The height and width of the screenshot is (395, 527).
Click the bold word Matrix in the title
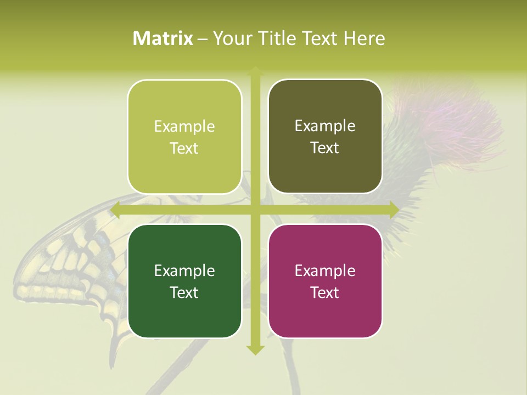pos(163,38)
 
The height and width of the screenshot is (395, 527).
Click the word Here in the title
pos(364,38)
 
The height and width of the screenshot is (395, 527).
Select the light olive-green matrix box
pos(184,137)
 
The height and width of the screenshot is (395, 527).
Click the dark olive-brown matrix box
pos(325,137)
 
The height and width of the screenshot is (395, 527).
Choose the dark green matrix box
pos(184,281)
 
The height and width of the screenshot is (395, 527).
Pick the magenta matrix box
pos(325,281)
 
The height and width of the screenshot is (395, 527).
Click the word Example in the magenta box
pos(325,270)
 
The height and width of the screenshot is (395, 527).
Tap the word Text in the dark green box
pos(184,292)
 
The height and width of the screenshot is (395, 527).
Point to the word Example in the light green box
pos(184,127)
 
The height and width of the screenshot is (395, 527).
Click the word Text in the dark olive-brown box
pos(325,148)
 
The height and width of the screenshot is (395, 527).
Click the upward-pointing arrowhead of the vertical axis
pos(255,71)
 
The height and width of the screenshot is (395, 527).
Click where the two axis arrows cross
pos(255,210)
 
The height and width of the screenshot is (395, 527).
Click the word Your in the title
pos(230,38)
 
